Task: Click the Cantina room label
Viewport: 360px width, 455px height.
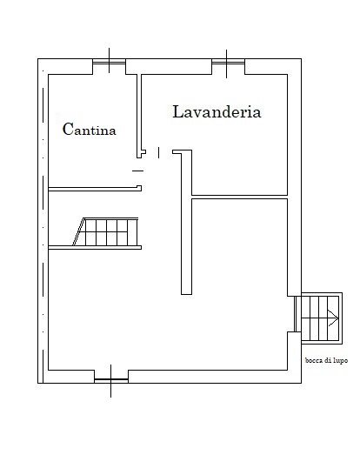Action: click(90, 129)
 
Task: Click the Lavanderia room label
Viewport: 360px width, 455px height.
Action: click(217, 111)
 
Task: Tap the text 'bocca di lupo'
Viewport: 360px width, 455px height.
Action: click(326, 360)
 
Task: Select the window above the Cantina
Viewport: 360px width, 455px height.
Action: click(109, 61)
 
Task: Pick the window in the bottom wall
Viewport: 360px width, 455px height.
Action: click(111, 379)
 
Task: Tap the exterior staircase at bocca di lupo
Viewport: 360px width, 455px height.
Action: click(322, 318)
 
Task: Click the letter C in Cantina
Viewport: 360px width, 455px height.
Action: click(67, 129)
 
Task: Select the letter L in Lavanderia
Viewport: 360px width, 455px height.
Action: click(177, 111)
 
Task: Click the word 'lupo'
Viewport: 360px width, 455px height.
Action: click(340, 361)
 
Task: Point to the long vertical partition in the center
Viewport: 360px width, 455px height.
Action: click(187, 222)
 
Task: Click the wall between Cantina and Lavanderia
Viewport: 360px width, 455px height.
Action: click(139, 116)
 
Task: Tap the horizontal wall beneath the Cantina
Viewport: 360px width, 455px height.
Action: click(95, 189)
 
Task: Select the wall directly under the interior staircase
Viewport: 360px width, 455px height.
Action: click(95, 248)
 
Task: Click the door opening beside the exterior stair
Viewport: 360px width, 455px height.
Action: click(296, 314)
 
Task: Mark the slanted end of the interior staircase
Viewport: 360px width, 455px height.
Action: click(78, 231)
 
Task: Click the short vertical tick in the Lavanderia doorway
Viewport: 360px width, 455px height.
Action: click(158, 152)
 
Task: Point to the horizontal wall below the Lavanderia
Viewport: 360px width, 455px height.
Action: click(240, 197)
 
